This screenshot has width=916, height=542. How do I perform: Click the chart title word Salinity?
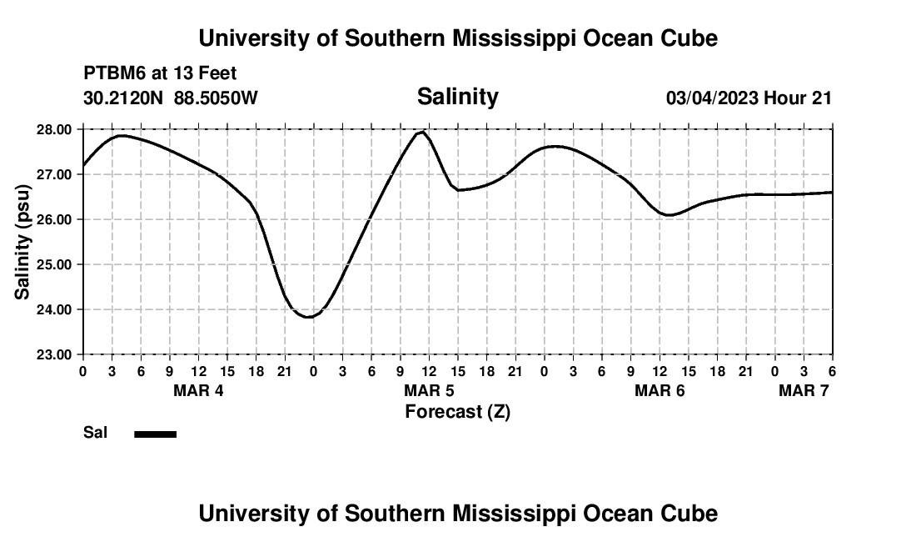(x=457, y=97)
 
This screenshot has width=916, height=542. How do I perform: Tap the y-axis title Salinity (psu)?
(x=22, y=242)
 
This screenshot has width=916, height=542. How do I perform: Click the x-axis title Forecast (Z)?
(x=457, y=412)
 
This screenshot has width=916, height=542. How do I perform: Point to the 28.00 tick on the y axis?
(x=56, y=129)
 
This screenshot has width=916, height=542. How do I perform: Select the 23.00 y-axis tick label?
(x=56, y=354)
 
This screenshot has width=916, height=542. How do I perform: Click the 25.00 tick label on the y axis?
(x=56, y=264)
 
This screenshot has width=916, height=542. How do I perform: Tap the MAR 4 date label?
(x=198, y=390)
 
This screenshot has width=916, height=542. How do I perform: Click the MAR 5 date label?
(x=429, y=390)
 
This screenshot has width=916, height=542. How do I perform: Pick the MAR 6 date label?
(x=660, y=390)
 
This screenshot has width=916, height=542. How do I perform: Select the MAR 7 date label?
(x=804, y=390)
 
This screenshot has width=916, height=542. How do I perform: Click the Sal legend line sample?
(x=155, y=434)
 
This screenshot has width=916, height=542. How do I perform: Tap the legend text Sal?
(x=95, y=433)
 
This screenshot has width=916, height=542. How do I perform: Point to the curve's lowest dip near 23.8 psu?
(x=308, y=317)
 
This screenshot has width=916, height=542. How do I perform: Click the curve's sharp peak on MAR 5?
(x=423, y=132)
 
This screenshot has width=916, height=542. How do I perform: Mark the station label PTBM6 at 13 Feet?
(x=160, y=74)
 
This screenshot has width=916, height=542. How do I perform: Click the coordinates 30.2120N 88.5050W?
(x=171, y=98)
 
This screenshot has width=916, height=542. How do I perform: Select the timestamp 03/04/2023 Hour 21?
(x=749, y=98)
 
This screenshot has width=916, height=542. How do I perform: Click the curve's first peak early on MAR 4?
(x=122, y=135)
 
